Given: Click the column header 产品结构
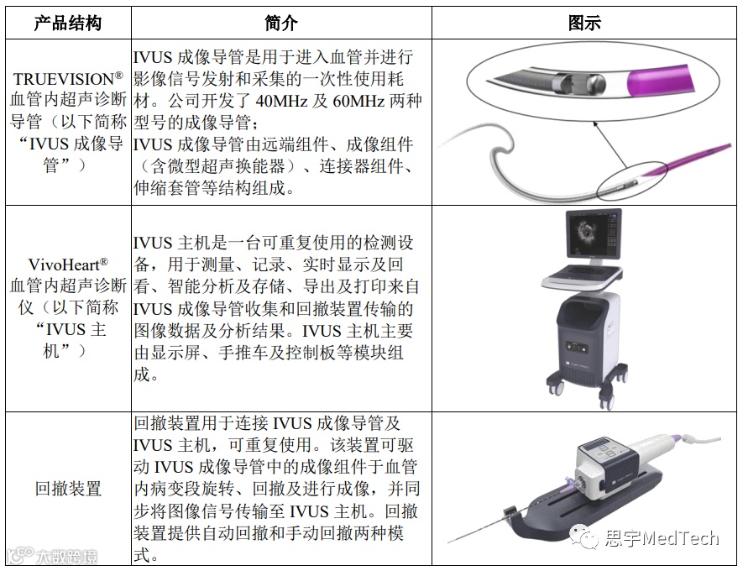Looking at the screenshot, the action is coord(68,23).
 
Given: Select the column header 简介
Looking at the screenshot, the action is coord(281,23).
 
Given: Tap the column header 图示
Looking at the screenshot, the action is coord(584,23).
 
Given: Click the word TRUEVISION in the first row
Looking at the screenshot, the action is coord(64,79).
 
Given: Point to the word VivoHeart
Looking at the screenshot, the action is coord(64,265).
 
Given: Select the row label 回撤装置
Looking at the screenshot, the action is coord(68,489).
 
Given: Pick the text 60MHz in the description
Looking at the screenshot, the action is coord(358,101).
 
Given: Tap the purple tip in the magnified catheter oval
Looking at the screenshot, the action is coord(660,81).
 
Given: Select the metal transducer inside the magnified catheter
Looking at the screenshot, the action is coord(579,84).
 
